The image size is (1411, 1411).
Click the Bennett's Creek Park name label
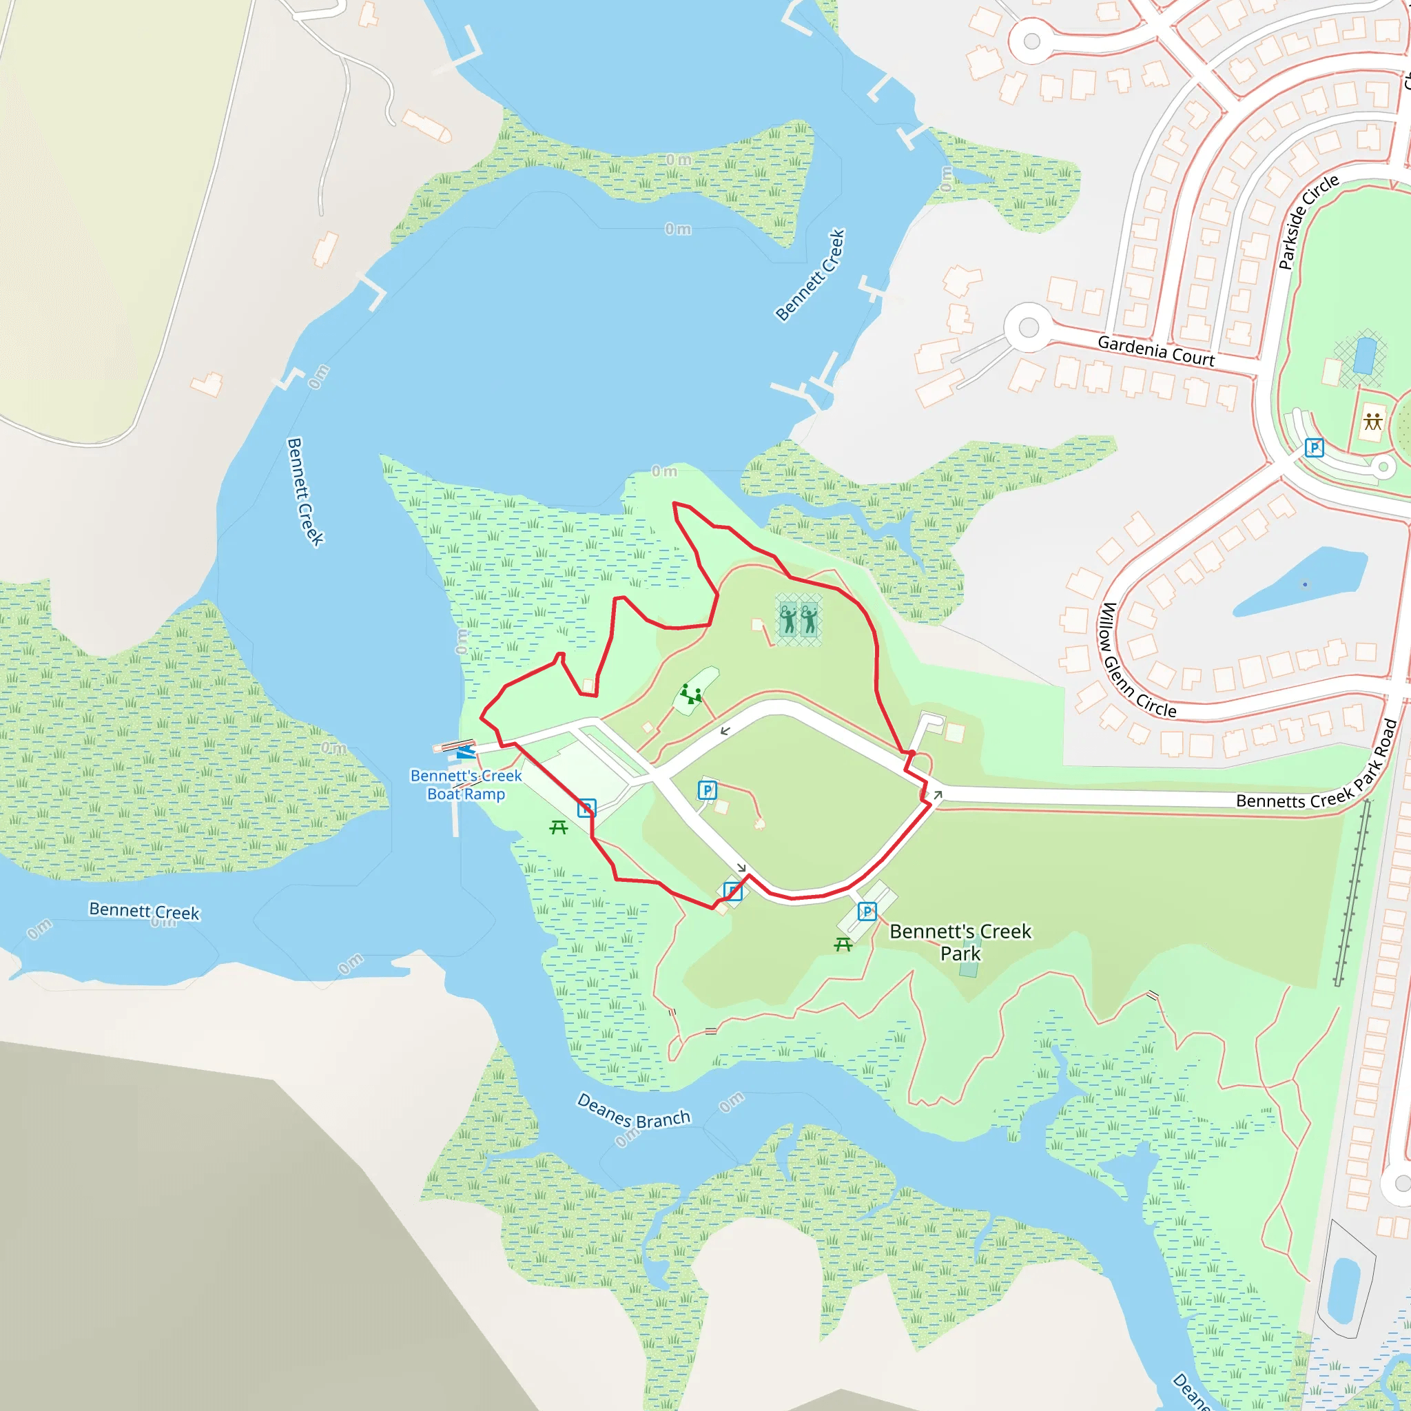[x=960, y=942]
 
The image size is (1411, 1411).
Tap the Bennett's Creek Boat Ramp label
[x=466, y=785]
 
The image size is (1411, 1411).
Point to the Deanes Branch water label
[x=633, y=1111]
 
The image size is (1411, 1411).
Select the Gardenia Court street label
[x=1156, y=351]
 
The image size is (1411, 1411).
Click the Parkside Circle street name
[x=1309, y=221]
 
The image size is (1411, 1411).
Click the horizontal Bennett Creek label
[x=144, y=911]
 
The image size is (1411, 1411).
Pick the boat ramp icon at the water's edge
[x=465, y=752]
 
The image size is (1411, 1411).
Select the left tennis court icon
[x=788, y=619]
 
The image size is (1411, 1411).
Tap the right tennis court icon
[x=810, y=619]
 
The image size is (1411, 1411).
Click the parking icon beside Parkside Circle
[x=1314, y=448]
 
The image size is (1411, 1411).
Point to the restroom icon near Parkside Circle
[x=1373, y=422]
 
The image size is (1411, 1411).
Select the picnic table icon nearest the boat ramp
[x=559, y=827]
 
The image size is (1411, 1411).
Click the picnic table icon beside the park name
[x=843, y=945]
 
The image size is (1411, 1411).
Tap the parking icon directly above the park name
[x=867, y=912]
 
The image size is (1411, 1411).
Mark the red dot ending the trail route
[x=912, y=753]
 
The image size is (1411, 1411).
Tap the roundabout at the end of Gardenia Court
[x=1029, y=327]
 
